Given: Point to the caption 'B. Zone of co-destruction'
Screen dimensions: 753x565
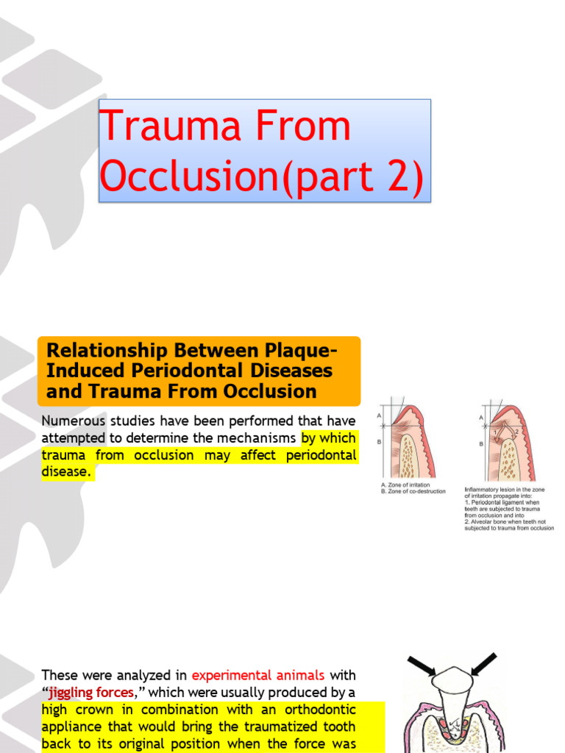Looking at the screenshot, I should click(413, 492).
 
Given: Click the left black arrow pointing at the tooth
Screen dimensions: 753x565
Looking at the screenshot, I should click(422, 665).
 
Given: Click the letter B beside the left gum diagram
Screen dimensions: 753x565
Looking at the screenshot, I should click(380, 443).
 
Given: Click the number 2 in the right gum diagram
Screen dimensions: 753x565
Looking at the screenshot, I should click(517, 432).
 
